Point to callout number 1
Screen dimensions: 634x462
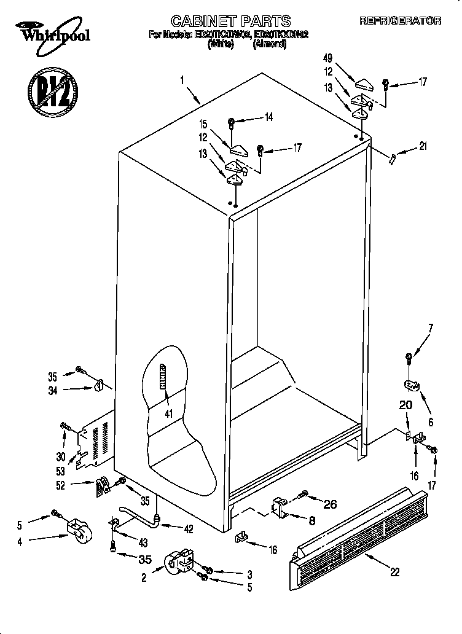(x=182, y=79)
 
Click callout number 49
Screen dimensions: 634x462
(x=327, y=58)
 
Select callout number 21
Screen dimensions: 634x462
(x=422, y=146)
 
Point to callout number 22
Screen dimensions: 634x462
(x=394, y=572)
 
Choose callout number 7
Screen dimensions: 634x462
(x=430, y=327)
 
